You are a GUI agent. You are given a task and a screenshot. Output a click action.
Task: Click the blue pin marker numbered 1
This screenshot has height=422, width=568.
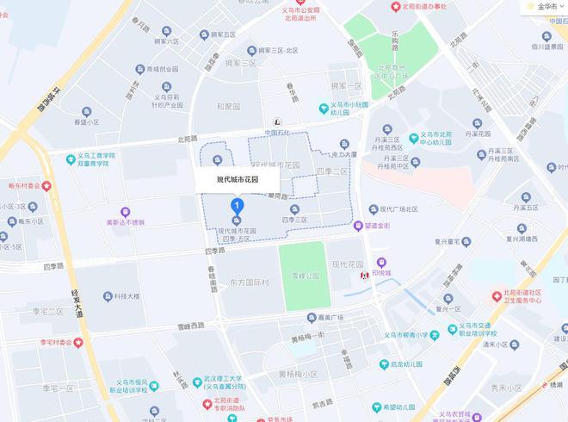point(238,206)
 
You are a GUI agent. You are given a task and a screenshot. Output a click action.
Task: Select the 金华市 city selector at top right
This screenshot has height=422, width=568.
point(546,5)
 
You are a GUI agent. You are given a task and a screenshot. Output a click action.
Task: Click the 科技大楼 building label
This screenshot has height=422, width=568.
point(126,296)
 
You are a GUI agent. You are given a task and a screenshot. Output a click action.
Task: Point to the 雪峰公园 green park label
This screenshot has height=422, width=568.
point(304,276)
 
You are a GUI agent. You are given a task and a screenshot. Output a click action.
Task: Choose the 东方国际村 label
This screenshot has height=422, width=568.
point(250,282)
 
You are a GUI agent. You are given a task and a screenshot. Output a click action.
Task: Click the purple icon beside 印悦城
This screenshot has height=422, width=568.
point(380,262)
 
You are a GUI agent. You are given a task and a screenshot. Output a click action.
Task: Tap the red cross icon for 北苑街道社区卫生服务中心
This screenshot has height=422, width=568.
point(497,295)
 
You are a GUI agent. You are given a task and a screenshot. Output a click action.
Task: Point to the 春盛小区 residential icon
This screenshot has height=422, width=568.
point(85,112)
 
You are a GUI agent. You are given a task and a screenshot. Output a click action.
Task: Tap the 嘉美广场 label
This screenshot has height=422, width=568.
point(324,317)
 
